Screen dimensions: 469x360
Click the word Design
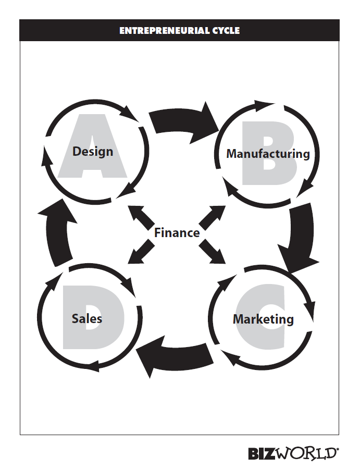(93, 152)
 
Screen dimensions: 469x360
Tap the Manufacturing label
(268, 154)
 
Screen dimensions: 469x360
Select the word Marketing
(263, 318)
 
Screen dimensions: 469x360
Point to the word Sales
(86, 318)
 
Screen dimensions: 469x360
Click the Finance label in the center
(177, 233)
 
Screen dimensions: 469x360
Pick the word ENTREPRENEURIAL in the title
(159, 31)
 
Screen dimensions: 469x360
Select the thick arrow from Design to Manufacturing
(182, 124)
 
